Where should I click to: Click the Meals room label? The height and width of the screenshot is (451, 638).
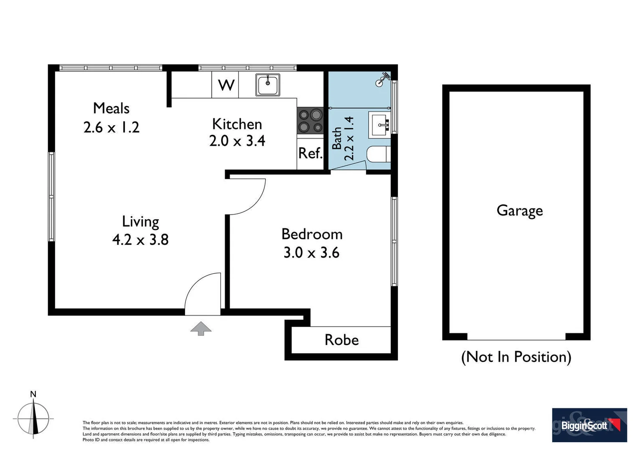[x=111, y=109]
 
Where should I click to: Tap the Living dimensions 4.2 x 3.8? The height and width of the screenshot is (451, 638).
[x=140, y=240]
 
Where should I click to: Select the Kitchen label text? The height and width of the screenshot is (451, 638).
[x=237, y=124]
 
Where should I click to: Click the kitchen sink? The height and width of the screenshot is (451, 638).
[x=268, y=85]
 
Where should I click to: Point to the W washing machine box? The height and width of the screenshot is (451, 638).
[x=225, y=85]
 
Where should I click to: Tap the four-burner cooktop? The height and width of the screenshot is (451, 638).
[x=310, y=121]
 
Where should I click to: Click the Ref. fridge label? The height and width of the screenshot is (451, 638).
[x=310, y=153]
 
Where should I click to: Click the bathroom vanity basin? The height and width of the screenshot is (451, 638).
[x=379, y=124]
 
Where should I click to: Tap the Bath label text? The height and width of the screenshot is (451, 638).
[x=337, y=138]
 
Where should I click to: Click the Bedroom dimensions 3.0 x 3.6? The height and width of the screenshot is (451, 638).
[x=311, y=253]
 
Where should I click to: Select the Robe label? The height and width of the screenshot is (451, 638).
[x=342, y=340]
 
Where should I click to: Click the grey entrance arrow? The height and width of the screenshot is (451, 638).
[x=201, y=328]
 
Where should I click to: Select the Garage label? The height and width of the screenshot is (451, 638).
[x=519, y=210]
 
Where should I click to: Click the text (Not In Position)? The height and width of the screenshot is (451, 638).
[x=516, y=357]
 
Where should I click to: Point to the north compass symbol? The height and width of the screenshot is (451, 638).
[x=33, y=418]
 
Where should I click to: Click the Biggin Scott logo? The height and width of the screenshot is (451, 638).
[x=589, y=425]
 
